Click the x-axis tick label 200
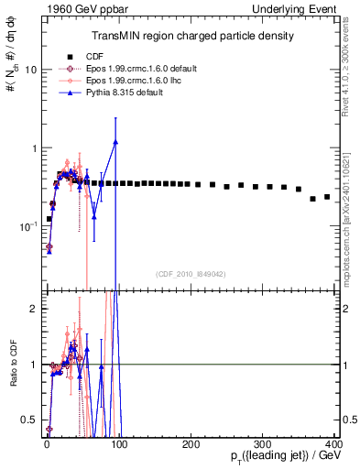[x=191, y=442]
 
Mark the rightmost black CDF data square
[x=327, y=196]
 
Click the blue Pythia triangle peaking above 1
[x=115, y=142]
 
